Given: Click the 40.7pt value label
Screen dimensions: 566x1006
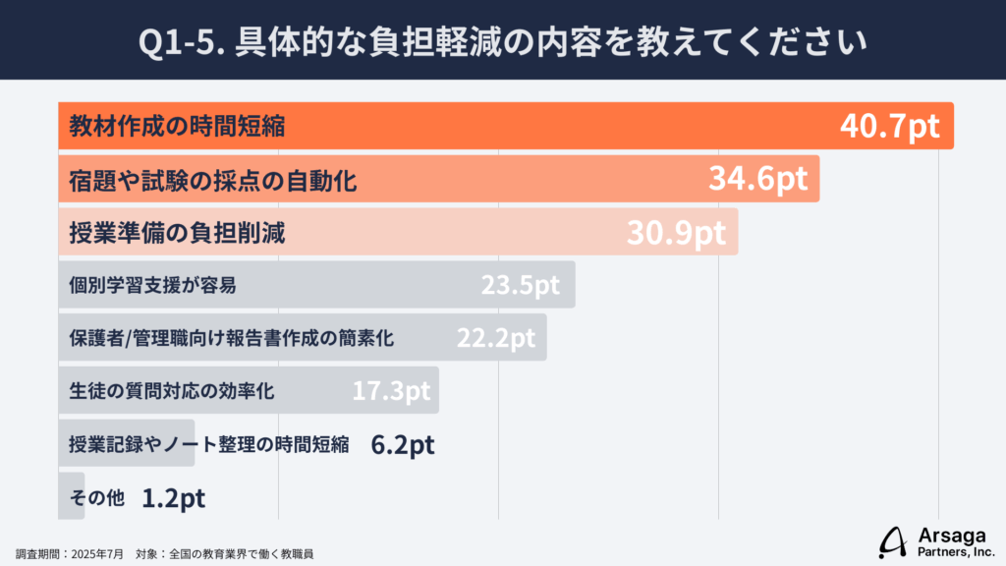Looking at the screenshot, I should click(890, 126).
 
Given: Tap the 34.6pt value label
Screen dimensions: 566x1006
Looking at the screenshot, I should click(757, 179).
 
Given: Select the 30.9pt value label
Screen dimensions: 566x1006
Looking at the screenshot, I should click(676, 232).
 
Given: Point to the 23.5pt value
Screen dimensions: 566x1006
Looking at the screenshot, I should click(520, 285).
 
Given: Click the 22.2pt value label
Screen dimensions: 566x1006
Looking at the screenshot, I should click(496, 338).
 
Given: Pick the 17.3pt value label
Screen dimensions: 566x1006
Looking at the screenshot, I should click(391, 391).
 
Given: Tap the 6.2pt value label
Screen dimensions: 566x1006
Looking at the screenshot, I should click(403, 444).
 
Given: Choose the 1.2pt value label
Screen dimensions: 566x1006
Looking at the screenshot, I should click(173, 497).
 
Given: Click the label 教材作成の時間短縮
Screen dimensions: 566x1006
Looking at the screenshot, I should click(177, 126).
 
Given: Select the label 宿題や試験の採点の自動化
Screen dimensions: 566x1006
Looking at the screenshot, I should click(212, 179).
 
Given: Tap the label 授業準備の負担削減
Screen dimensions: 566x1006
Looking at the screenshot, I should click(177, 232).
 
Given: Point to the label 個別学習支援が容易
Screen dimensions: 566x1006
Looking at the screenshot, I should click(152, 285).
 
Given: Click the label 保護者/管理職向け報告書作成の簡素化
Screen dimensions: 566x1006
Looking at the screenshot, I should click(231, 338).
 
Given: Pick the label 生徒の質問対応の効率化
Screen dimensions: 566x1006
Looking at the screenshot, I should click(172, 391).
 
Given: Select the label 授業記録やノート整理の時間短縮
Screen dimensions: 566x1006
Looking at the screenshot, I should click(209, 444).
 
